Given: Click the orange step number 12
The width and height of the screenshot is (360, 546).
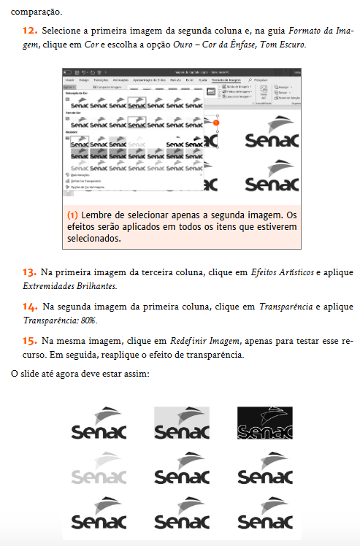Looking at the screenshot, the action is tap(30, 31).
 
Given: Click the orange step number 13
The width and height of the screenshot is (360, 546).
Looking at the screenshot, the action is tap(29, 272).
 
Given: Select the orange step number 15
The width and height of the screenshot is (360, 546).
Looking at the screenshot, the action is tap(29, 341).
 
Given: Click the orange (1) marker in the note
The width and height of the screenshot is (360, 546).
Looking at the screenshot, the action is tap(72, 216).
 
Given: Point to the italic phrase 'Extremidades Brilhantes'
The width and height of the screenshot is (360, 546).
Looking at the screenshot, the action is tap(69, 285).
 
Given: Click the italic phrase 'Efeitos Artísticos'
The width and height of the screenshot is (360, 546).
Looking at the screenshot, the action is tap(277, 272).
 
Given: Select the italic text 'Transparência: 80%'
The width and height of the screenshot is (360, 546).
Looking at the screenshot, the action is tap(59, 320).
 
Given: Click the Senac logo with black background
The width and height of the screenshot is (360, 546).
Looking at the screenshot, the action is tap(264, 423).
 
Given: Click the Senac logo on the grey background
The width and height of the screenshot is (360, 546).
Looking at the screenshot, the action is tap(182, 423).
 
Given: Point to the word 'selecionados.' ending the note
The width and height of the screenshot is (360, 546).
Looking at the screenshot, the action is tap(92, 239).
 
